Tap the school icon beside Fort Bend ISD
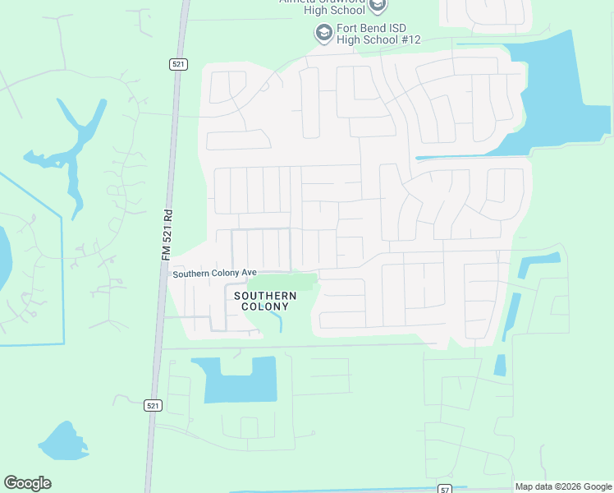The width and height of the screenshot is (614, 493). [x=323, y=34]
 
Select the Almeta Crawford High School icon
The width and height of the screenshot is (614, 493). [x=377, y=7]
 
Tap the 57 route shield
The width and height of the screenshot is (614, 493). [x=444, y=487]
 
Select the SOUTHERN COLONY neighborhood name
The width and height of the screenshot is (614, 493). [x=265, y=301]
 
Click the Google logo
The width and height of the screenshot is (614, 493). [x=27, y=483]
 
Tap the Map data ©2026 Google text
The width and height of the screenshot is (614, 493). [x=563, y=486]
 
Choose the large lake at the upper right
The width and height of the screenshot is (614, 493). [x=566, y=107]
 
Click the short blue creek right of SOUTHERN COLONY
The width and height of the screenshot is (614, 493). [x=279, y=321]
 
